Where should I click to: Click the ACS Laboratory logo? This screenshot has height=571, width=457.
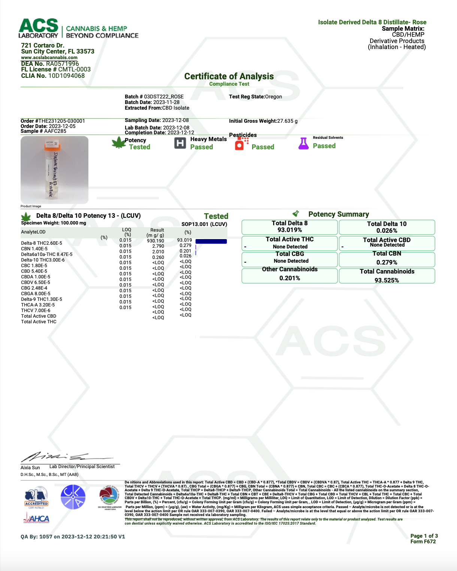39,28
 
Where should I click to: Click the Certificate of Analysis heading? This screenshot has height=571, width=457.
229,76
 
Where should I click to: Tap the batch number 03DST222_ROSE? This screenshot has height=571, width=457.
164,97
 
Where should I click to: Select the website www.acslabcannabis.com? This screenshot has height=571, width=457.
49,58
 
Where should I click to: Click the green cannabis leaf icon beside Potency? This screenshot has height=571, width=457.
119,143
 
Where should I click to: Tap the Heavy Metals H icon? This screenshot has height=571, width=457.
180,143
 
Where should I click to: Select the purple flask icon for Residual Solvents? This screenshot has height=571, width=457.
303,144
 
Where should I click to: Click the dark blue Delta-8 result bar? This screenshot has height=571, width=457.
211,241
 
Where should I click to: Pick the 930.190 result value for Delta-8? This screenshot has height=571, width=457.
155,241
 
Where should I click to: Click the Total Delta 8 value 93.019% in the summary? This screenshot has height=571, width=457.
290,230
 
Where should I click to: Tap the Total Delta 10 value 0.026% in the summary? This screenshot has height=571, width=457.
387,231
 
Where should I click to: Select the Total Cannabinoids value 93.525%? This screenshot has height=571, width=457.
387,280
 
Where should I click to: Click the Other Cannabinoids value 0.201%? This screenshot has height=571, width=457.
290,278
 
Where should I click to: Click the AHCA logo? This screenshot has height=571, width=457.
36,518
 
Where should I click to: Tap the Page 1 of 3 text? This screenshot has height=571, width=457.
424,536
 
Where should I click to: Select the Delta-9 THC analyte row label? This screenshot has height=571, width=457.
42,299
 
